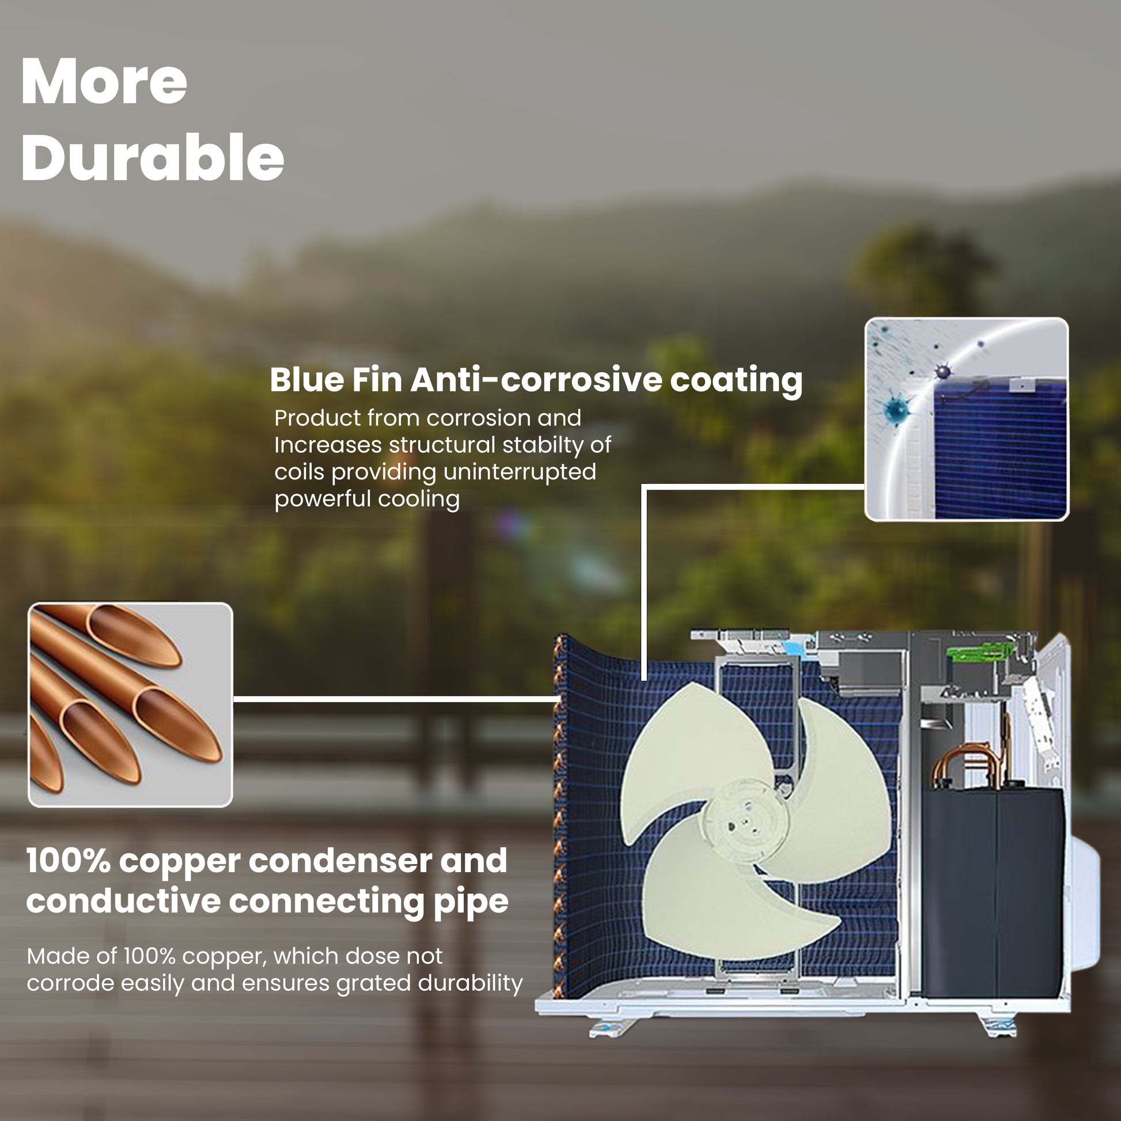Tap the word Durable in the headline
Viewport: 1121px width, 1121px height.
153,157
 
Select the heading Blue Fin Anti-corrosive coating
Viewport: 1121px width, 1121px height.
536,380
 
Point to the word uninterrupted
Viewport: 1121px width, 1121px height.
520,472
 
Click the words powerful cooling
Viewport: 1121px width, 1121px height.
367,499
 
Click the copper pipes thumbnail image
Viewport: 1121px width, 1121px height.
131,705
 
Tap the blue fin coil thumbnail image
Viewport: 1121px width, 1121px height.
967,419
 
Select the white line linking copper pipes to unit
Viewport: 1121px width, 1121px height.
396,699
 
